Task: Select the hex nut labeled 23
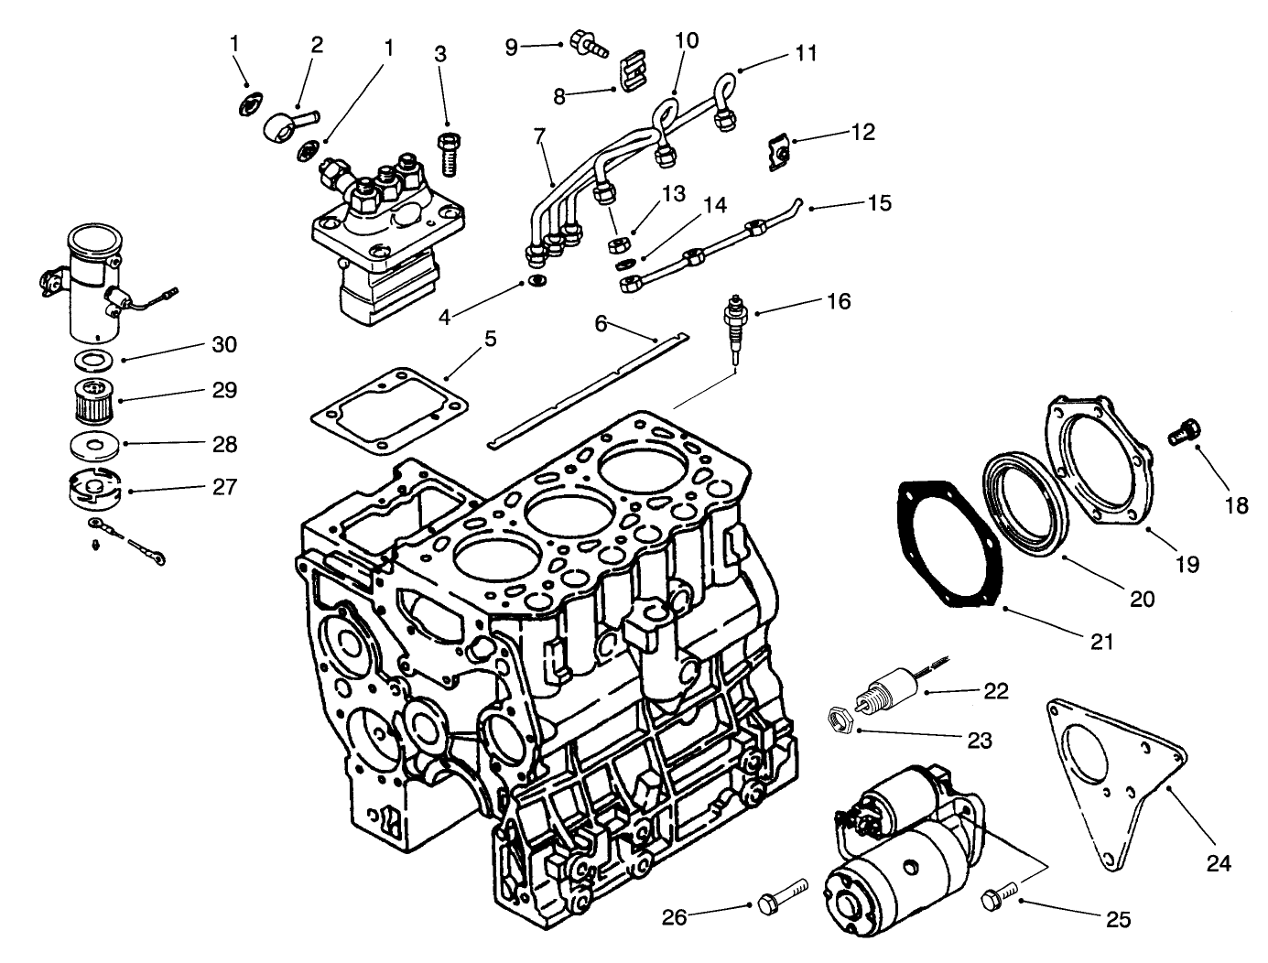840,720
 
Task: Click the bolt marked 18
1183,430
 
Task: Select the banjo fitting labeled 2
287,123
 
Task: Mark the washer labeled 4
537,278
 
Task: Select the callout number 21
1101,642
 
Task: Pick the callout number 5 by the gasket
490,340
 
